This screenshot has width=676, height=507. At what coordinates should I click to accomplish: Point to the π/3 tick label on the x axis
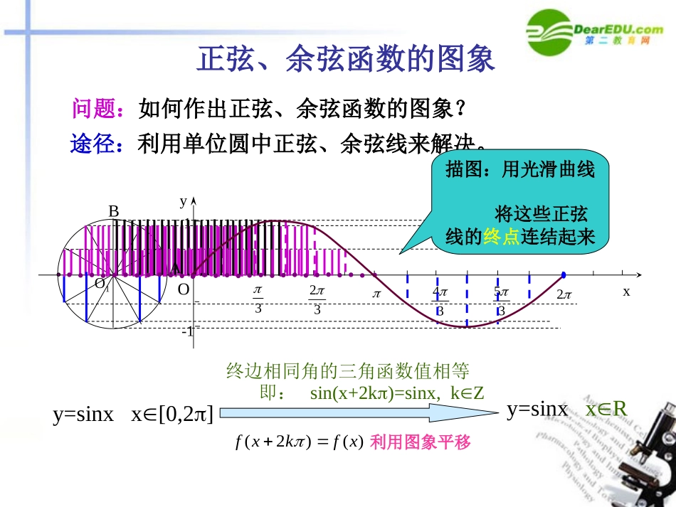click(258, 299)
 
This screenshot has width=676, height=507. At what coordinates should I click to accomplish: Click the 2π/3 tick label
click(317, 299)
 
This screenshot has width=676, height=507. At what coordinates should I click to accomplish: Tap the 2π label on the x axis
click(564, 294)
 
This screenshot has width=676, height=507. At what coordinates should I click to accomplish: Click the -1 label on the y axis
click(187, 331)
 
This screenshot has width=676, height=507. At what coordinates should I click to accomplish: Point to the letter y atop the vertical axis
click(183, 201)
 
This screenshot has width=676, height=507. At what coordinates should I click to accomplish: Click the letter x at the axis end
click(626, 291)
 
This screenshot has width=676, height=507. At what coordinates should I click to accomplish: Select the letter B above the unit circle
click(113, 211)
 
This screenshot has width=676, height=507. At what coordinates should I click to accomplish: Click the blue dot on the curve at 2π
click(564, 274)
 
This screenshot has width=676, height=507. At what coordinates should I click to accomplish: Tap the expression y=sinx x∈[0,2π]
click(133, 415)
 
